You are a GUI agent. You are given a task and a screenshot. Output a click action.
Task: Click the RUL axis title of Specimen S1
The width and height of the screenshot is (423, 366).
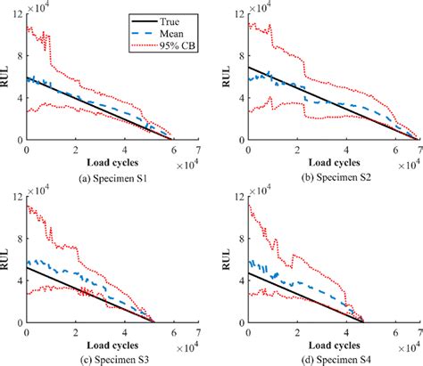[8, 77]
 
